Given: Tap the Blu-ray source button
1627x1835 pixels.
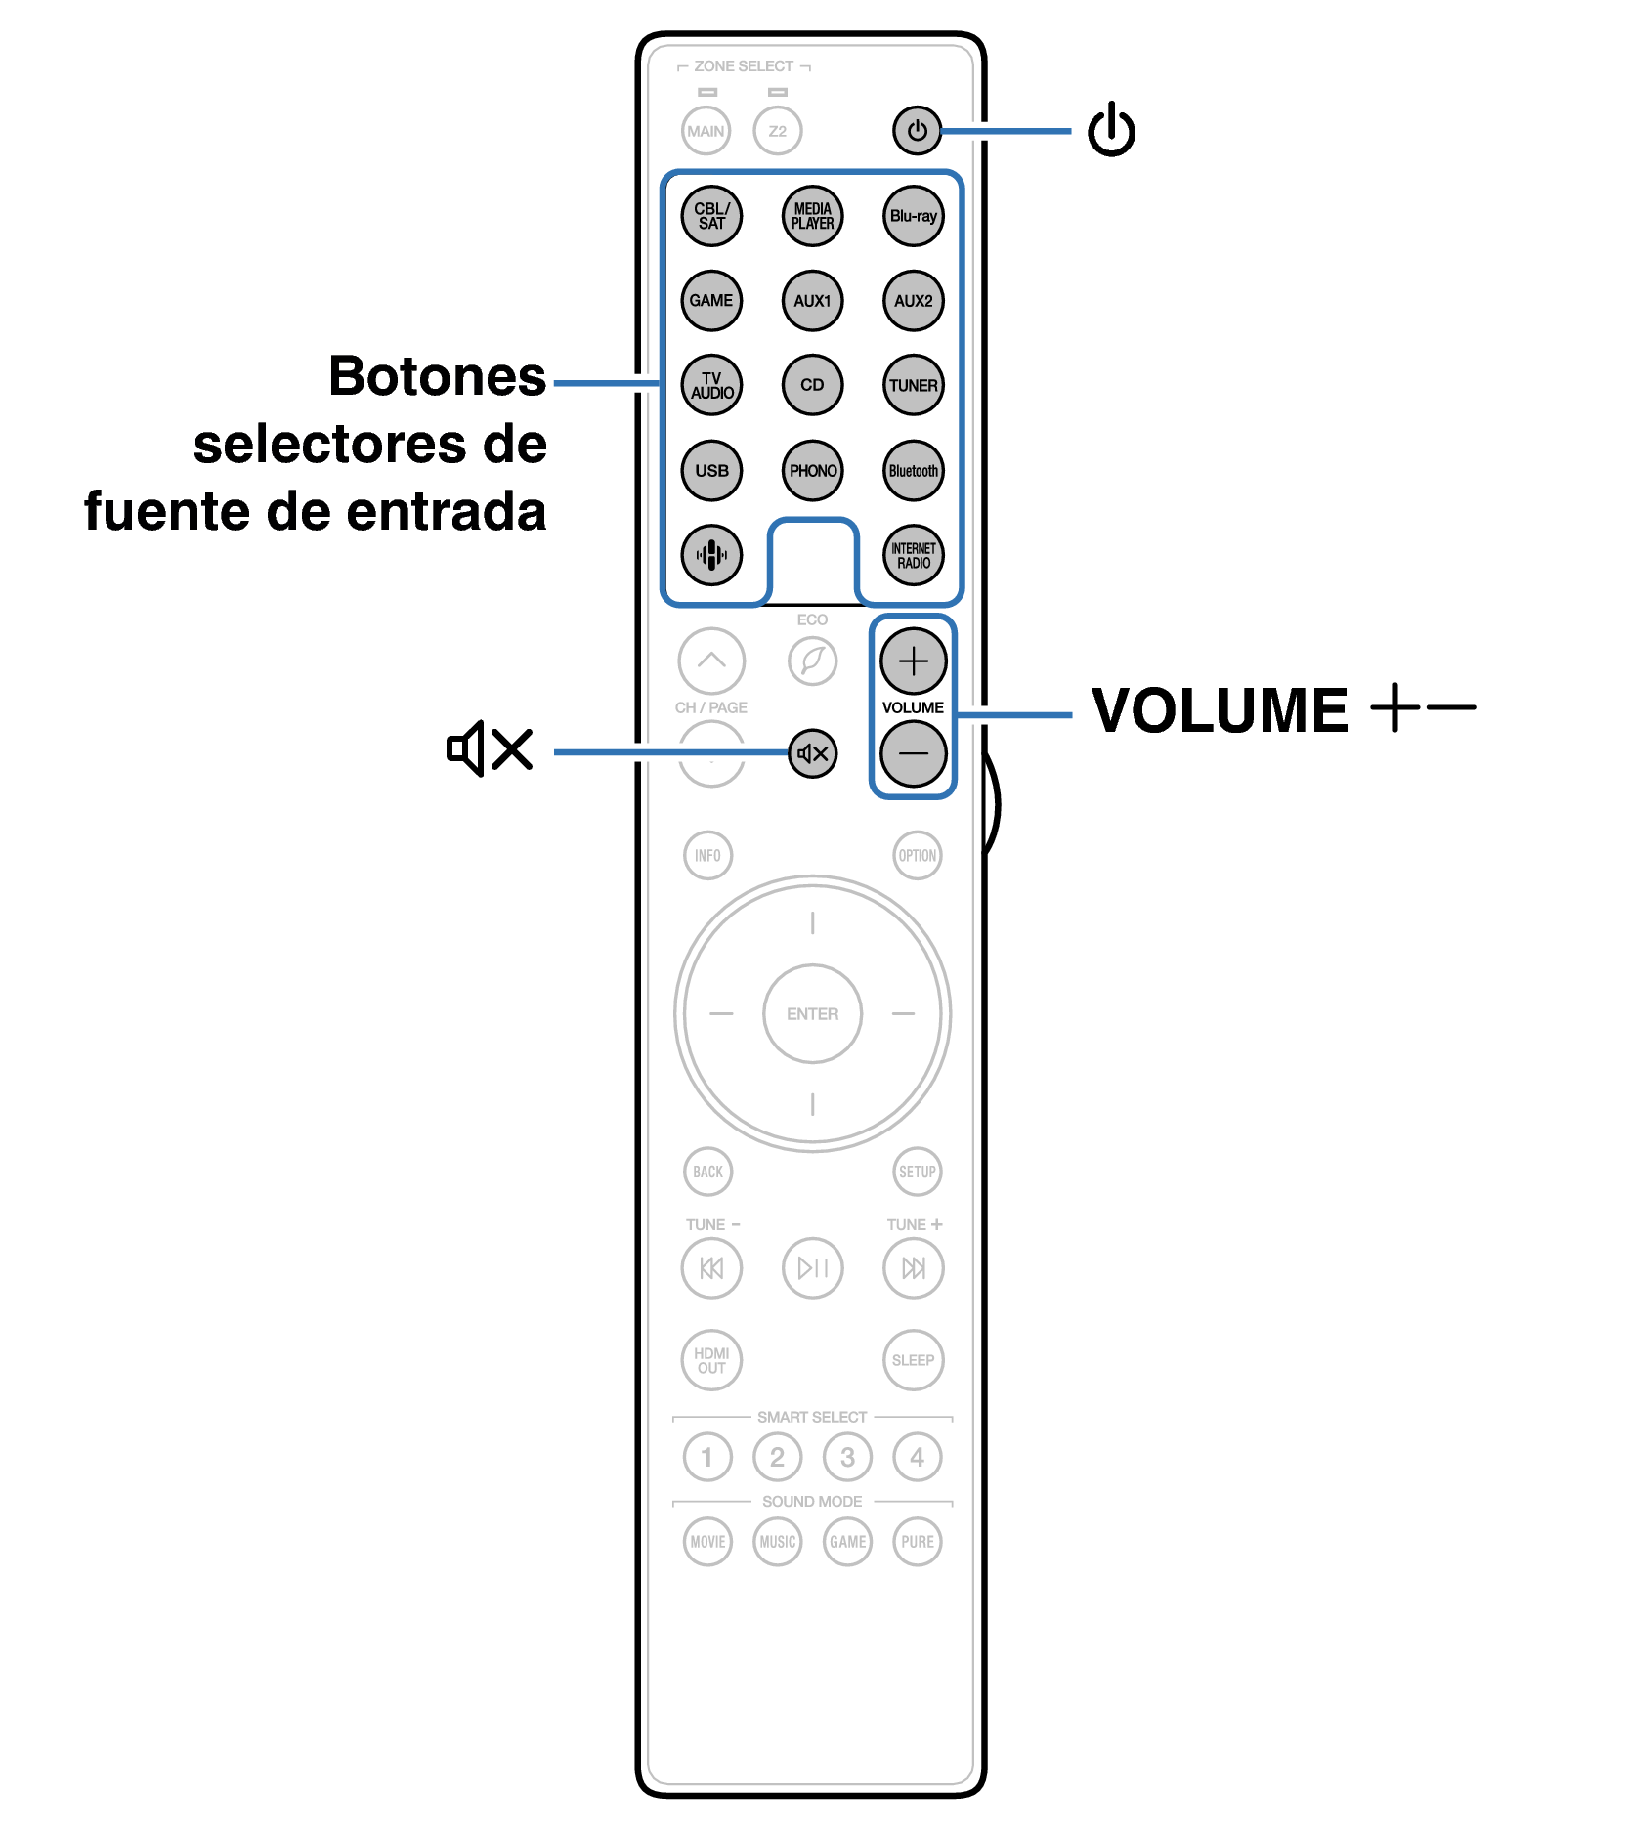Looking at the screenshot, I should [x=913, y=216].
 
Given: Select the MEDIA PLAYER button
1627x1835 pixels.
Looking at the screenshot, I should [x=812, y=216].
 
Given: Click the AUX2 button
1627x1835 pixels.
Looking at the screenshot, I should [x=913, y=301].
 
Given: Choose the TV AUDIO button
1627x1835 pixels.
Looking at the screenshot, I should [x=711, y=385].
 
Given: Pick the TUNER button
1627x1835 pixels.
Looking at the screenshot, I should [x=913, y=385].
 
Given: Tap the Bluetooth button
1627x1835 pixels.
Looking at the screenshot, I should [x=913, y=470].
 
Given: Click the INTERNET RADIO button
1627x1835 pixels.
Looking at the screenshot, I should [x=913, y=555].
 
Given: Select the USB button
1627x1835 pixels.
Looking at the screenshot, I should [x=711, y=470].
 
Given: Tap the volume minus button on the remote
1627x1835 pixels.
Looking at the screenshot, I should [x=913, y=753].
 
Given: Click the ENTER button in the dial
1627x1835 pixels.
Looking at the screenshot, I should [x=812, y=1013].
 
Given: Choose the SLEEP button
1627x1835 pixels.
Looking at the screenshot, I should [x=913, y=1359].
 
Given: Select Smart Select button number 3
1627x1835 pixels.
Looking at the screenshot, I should [x=847, y=1457].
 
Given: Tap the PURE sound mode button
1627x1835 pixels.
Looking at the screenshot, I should [x=917, y=1541].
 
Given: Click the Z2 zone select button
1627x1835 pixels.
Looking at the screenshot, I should [x=777, y=131].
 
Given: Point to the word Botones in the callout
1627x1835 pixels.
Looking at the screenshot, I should [x=437, y=377].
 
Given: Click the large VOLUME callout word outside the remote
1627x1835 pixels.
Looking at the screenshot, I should [x=1219, y=710].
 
